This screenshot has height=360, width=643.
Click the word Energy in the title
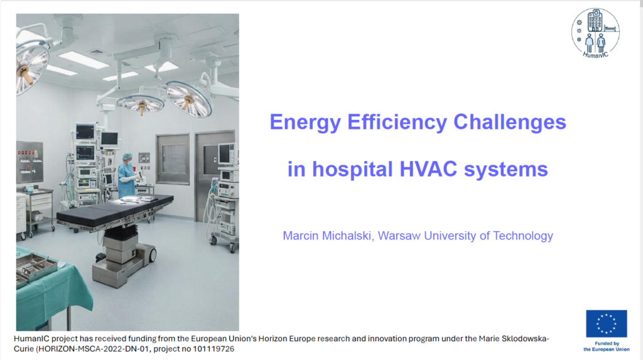pyautogui.click(x=305, y=123)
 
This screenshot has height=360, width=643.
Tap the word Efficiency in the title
pyautogui.click(x=397, y=123)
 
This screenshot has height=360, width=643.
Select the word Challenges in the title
pyautogui.click(x=510, y=123)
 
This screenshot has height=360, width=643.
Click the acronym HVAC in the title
pyautogui.click(x=428, y=169)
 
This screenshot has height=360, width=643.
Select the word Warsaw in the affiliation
pyautogui.click(x=399, y=236)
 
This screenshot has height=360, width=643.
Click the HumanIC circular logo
pyautogui.click(x=595, y=33)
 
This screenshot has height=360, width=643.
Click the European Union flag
pyautogui.click(x=607, y=324)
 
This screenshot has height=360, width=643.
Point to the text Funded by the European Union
pyautogui.click(x=607, y=346)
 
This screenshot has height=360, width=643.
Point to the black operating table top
pyautogui.click(x=115, y=210)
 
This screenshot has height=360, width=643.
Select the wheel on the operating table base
pyautogui.click(x=152, y=255)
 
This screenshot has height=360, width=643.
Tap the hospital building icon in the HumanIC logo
pyautogui.click(x=595, y=21)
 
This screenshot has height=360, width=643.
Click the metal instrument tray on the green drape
pyautogui.click(x=36, y=268)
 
